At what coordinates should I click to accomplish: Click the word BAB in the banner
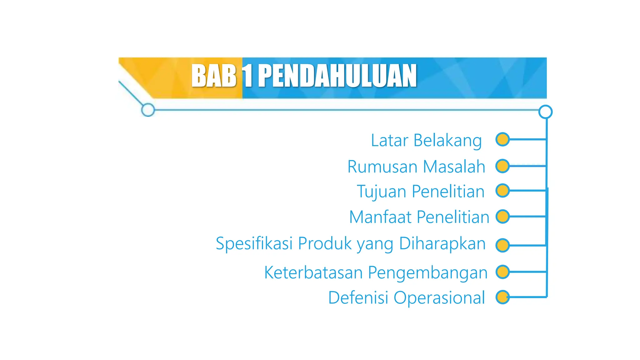214,76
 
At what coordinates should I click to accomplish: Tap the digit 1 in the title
247,76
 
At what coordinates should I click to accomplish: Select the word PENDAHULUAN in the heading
337,76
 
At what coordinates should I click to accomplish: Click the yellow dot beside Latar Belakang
502,139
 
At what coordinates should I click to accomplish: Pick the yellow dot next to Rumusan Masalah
502,166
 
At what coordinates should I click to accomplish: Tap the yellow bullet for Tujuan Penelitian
502,191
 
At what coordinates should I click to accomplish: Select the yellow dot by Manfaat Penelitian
502,217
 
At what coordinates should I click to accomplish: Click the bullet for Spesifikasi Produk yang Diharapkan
502,245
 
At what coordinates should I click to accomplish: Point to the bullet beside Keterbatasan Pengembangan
502,272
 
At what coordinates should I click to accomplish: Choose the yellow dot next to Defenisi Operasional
502,297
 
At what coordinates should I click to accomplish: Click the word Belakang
447,141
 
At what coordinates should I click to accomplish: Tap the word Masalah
454,167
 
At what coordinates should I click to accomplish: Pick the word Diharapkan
442,244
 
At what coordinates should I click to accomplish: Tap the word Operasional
439,298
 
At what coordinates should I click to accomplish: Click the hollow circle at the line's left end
148,110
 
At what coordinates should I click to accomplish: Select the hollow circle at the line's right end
545,112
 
